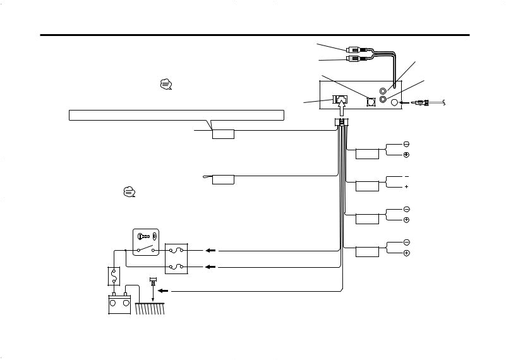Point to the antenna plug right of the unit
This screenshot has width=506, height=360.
pyautogui.click(x=421, y=102)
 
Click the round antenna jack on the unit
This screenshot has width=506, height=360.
pyautogui.click(x=394, y=102)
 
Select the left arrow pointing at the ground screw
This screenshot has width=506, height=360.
pyautogui.click(x=162, y=292)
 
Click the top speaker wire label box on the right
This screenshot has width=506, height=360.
pyautogui.click(x=367, y=153)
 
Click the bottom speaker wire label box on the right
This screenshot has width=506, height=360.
pyautogui.click(x=367, y=252)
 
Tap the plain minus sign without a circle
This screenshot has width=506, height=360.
pyautogui.click(x=407, y=176)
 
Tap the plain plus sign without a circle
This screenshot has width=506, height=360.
pyautogui.click(x=407, y=187)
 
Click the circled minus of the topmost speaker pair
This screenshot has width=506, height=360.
pyautogui.click(x=407, y=144)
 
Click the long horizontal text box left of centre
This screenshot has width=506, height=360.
pyautogui.click(x=176, y=116)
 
